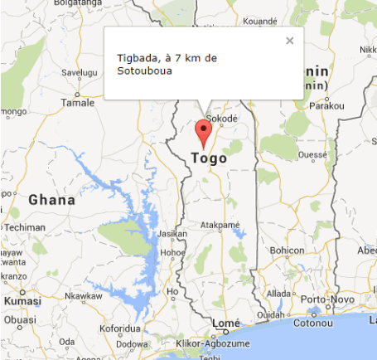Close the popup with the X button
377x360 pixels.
coord(289,40)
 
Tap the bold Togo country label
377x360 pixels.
coord(208,158)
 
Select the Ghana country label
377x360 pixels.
coord(51,200)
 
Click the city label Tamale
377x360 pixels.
coord(79,103)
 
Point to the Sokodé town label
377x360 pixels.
coord(222,119)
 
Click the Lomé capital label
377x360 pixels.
coord(225,324)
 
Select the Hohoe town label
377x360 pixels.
coord(172,253)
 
